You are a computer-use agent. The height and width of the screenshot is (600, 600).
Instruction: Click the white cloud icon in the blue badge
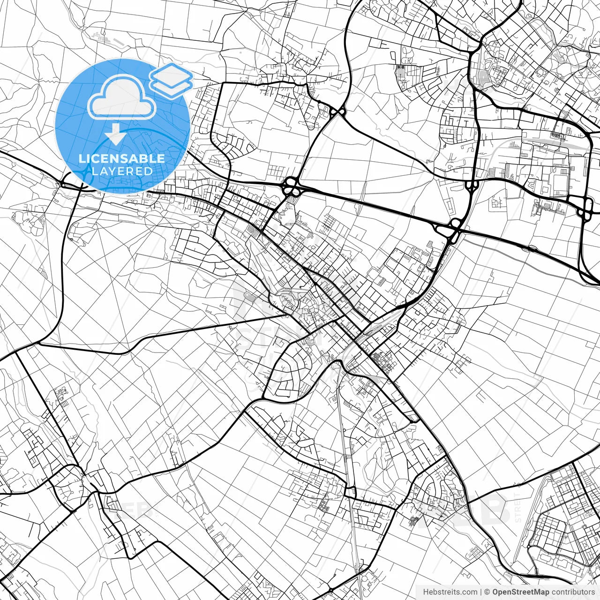121,97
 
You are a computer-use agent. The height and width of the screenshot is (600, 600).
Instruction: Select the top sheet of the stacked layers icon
171,74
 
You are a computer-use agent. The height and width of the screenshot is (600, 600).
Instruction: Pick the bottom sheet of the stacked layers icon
172,87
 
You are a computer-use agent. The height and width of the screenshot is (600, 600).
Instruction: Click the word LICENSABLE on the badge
122,159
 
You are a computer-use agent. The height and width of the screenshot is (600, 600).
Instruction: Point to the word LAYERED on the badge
122,171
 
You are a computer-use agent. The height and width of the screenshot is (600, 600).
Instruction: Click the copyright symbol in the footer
487,592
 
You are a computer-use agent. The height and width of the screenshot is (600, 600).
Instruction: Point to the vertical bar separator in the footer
481,592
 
